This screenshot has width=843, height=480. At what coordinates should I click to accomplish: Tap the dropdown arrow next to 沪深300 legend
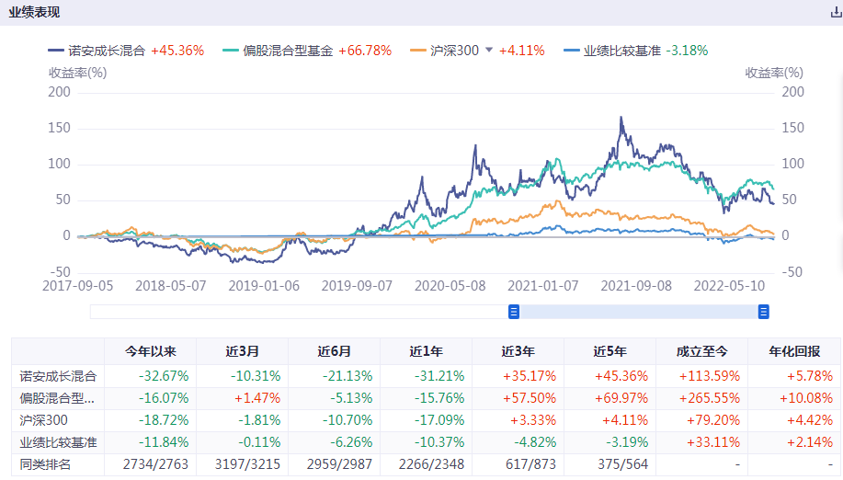click(x=489, y=51)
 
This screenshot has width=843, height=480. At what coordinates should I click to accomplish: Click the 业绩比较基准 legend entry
click(x=624, y=51)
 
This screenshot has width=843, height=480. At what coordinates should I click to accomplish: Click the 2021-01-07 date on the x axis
click(x=543, y=285)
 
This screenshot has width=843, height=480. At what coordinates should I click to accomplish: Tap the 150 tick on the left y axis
click(x=59, y=128)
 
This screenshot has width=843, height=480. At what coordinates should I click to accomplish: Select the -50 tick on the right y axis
click(x=792, y=272)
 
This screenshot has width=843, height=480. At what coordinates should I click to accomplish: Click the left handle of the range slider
click(x=514, y=312)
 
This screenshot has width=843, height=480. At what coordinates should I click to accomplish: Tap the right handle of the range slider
click(x=763, y=312)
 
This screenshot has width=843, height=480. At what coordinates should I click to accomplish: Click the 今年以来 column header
click(x=150, y=351)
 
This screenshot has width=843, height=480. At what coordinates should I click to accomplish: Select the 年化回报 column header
click(x=794, y=351)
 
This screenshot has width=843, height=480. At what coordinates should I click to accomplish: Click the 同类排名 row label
click(x=46, y=464)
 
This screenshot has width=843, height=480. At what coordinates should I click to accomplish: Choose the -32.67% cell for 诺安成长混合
click(x=164, y=375)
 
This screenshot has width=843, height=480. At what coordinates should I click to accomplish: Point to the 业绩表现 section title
click(x=34, y=12)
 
